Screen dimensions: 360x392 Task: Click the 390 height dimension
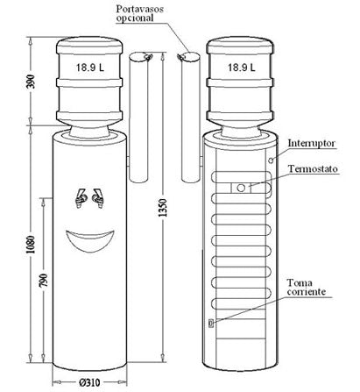pos(32,82)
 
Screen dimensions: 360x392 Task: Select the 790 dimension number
pos(43,280)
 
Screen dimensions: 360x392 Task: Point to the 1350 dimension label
pos(164,208)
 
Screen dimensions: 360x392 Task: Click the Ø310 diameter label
pos(89,382)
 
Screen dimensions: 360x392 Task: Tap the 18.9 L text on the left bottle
pos(90,68)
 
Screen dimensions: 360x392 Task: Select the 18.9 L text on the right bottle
pos(241,68)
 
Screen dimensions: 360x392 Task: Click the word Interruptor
pos(311,144)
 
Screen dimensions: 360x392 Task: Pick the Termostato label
pos(313,169)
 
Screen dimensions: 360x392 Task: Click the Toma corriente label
pos(306,287)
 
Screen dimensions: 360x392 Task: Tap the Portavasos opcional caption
pos(139,13)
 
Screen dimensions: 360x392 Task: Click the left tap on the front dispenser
pos(81,198)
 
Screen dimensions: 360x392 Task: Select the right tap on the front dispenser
pos(98,198)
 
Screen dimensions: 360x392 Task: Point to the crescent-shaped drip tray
pos(89,239)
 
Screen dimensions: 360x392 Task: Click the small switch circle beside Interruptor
pos(271,160)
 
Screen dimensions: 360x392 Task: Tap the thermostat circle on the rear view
pos(241,188)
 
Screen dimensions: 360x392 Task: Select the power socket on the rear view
pos(211,323)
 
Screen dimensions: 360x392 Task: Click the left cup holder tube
pos(138,117)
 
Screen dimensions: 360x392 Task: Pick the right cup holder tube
pos(190,117)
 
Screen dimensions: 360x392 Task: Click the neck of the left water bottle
pos(89,130)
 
